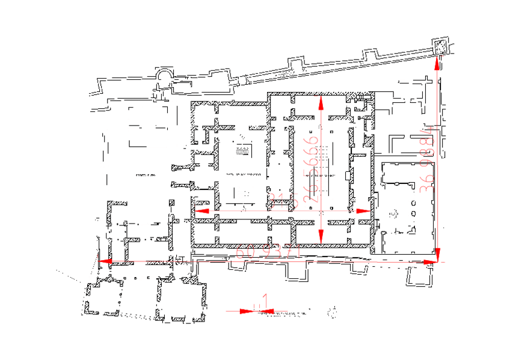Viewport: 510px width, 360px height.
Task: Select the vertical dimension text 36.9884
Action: pyautogui.click(x=428, y=159)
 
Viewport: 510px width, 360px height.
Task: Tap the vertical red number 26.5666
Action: pyautogui.click(x=312, y=166)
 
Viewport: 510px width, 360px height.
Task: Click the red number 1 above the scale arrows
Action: pyautogui.click(x=265, y=300)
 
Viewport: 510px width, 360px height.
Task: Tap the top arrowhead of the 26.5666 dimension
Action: pyautogui.click(x=322, y=103)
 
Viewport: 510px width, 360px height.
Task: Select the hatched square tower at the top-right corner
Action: pyautogui.click(x=441, y=46)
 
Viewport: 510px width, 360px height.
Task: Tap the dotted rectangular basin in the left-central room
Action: pyautogui.click(x=244, y=150)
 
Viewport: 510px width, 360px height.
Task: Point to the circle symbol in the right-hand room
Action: pyautogui.click(x=395, y=212)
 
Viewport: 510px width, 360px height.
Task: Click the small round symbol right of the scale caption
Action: pyautogui.click(x=333, y=311)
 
